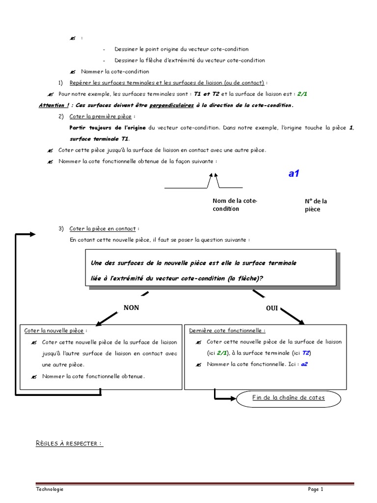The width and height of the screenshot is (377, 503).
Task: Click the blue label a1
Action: click(294, 174)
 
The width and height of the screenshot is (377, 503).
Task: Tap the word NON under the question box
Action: click(131, 307)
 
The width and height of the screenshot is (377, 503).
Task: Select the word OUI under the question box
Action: click(272, 308)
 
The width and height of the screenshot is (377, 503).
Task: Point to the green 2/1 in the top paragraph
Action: click(302, 93)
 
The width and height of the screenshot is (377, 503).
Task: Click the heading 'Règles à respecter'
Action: click(69, 444)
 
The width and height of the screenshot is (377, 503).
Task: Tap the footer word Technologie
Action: click(50, 489)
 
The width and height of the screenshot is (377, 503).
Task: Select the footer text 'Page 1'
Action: click(316, 489)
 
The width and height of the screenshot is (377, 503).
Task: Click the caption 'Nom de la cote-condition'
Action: click(235, 205)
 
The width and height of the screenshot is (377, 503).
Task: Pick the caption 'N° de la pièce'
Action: click(316, 205)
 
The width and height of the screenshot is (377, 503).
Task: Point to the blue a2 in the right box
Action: click(304, 364)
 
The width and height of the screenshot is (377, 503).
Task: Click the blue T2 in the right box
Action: click(306, 353)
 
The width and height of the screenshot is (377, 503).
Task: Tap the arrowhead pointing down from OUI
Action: click(300, 322)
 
